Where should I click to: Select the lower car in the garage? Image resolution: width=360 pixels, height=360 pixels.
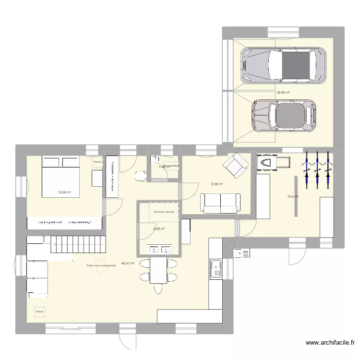click(285, 115)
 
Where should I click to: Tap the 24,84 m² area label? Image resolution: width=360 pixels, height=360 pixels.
click(283, 93)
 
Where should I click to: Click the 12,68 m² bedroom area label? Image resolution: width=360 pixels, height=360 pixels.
click(64, 192)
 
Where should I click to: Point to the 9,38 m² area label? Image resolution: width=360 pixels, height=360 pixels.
click(217, 183)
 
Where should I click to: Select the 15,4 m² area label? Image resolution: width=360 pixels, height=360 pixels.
click(293, 196)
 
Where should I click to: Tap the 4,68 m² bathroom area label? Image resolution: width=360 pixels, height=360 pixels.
click(159, 229)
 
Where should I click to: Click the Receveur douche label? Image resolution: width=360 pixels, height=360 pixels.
click(164, 212)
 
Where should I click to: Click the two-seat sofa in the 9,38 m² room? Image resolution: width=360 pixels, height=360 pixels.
click(220, 203)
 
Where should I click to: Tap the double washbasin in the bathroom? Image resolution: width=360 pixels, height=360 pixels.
click(159, 249)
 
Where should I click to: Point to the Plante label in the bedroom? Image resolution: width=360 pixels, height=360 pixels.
click(97, 162)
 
